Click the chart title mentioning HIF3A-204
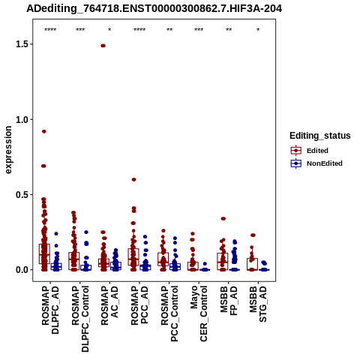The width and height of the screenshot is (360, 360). (154, 8)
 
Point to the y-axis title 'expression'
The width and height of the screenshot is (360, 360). (8, 150)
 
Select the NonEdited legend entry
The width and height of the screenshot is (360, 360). (316, 163)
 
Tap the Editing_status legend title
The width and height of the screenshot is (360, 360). (320, 136)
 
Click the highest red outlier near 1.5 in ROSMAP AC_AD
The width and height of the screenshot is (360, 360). (103, 46)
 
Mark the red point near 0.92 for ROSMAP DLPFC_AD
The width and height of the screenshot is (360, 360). (44, 131)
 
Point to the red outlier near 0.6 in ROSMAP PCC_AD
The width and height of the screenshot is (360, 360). (134, 179)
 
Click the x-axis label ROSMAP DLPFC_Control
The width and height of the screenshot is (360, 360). (80, 319)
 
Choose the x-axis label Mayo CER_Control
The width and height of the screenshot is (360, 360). (199, 313)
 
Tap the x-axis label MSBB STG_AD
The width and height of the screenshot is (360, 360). (258, 304)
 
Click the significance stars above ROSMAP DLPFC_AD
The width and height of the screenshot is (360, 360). (50, 30)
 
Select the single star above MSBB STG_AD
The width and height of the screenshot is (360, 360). (258, 30)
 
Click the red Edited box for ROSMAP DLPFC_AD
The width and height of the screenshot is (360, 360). (44, 253)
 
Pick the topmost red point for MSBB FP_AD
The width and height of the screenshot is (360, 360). (223, 219)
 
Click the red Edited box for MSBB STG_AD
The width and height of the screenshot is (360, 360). (252, 264)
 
